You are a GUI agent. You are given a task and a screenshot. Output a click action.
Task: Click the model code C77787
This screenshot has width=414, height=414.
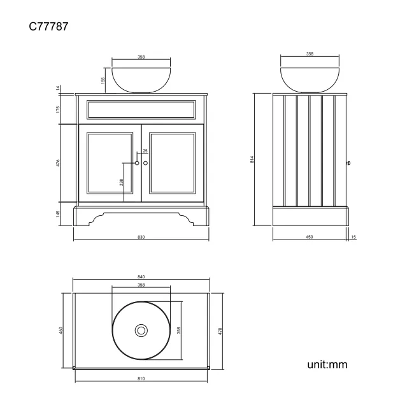[x=48, y=27]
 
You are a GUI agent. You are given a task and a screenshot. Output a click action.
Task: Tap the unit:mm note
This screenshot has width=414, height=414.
[x=327, y=365]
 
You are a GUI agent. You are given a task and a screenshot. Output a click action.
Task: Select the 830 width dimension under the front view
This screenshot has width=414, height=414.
[x=141, y=237]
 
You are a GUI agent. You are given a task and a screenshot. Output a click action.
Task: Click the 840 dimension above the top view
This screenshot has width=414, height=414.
[x=141, y=277]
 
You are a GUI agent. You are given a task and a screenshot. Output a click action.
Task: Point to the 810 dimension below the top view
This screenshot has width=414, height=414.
[x=141, y=379]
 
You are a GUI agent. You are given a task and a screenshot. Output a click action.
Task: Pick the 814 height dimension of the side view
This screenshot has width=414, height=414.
[x=252, y=159]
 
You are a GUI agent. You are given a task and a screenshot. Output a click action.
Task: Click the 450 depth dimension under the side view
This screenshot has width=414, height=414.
[x=310, y=237]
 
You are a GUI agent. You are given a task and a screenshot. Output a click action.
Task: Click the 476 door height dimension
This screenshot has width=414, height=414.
[x=58, y=163]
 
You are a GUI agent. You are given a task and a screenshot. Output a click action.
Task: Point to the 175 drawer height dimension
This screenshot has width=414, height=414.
[x=58, y=109]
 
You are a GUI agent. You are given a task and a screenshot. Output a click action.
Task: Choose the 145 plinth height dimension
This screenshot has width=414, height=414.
[x=58, y=214]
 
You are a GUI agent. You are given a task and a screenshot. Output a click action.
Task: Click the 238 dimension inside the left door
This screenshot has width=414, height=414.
[x=122, y=182]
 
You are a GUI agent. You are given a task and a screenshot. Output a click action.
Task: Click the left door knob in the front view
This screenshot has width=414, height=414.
[x=136, y=163]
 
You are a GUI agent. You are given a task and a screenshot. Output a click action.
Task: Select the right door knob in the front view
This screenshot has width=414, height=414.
[x=145, y=163]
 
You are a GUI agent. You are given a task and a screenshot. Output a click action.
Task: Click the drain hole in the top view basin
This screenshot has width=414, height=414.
[x=141, y=330]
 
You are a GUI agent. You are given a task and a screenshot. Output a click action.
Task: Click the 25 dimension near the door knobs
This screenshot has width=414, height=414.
[x=145, y=151]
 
